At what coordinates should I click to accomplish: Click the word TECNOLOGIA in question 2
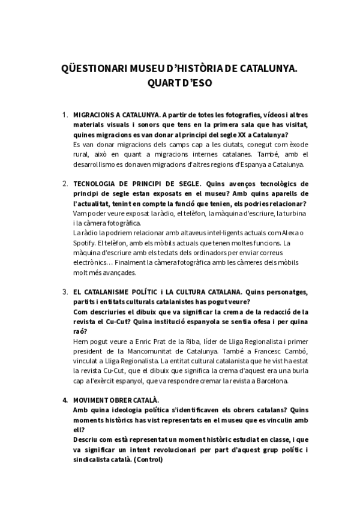pyautogui.click(x=97, y=182)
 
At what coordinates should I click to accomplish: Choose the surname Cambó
pyautogui.click(x=295, y=351)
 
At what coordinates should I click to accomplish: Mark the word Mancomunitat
pyautogui.click(x=134, y=351)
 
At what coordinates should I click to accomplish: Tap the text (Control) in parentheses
pyautogui.click(x=148, y=459)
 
